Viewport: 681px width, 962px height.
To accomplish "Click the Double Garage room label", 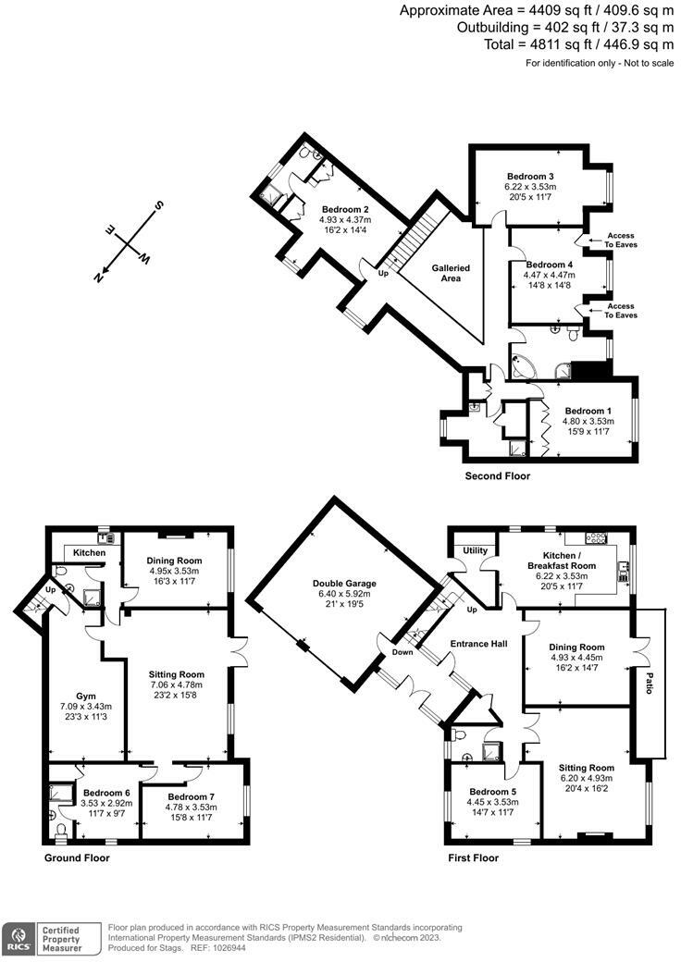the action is pyautogui.click(x=344, y=584).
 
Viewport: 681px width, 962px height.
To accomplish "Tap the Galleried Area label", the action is pyautogui.click(x=451, y=273).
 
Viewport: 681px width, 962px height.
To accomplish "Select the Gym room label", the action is pyautogui.click(x=86, y=696).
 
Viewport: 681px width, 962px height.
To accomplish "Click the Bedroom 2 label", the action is pyautogui.click(x=345, y=209).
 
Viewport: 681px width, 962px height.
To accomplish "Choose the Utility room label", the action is pyautogui.click(x=475, y=549).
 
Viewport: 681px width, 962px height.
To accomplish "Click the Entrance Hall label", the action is pyautogui.click(x=479, y=644).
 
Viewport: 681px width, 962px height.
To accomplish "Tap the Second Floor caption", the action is pyautogui.click(x=498, y=475).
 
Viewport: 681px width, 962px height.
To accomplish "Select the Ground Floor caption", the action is pyautogui.click(x=77, y=857).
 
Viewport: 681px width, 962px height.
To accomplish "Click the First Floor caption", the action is pyautogui.click(x=473, y=857).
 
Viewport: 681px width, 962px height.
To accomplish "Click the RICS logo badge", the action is pyautogui.click(x=19, y=939).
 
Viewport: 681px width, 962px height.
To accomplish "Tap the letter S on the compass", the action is pyautogui.click(x=159, y=205).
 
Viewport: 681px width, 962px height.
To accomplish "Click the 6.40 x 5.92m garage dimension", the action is pyautogui.click(x=344, y=594).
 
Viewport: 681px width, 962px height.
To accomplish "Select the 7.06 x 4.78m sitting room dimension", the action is pyautogui.click(x=177, y=684).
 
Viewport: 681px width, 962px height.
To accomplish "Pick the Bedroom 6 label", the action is pyautogui.click(x=106, y=792).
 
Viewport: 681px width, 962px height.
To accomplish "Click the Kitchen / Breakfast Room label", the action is pyautogui.click(x=562, y=561).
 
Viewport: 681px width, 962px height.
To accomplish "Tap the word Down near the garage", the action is pyautogui.click(x=402, y=652).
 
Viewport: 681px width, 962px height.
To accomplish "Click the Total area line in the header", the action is pyautogui.click(x=579, y=44).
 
